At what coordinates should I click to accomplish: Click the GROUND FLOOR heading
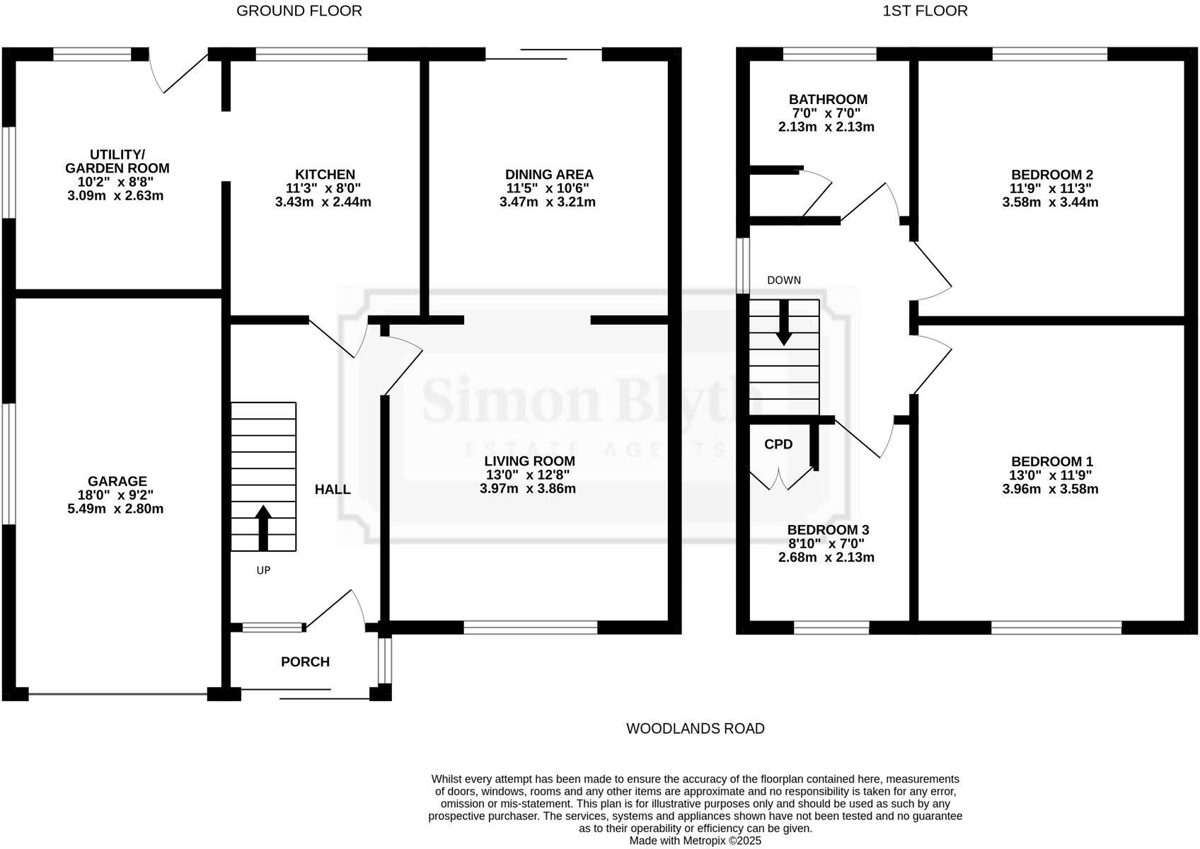[x=299, y=11]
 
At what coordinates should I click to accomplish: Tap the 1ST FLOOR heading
[x=924, y=11]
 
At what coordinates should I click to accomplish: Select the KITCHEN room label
[x=325, y=174]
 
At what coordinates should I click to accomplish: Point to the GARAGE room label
[x=117, y=481]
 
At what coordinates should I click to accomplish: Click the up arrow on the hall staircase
[x=263, y=527]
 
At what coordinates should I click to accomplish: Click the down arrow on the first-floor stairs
[x=783, y=323]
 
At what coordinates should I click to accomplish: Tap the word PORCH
[x=305, y=662]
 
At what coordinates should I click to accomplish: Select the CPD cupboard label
[x=778, y=444]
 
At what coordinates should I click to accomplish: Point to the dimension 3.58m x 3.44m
[x=1050, y=202]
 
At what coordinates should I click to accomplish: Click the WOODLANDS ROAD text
[x=695, y=728]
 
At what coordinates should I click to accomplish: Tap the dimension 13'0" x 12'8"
[x=528, y=475]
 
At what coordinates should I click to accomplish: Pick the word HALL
[x=333, y=489]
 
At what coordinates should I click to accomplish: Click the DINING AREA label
[x=549, y=174]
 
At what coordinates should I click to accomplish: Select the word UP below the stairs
[x=263, y=570]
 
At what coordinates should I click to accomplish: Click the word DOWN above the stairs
[x=784, y=280]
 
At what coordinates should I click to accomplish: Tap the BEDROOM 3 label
[x=828, y=530]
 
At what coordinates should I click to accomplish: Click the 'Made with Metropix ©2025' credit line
[x=695, y=841]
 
